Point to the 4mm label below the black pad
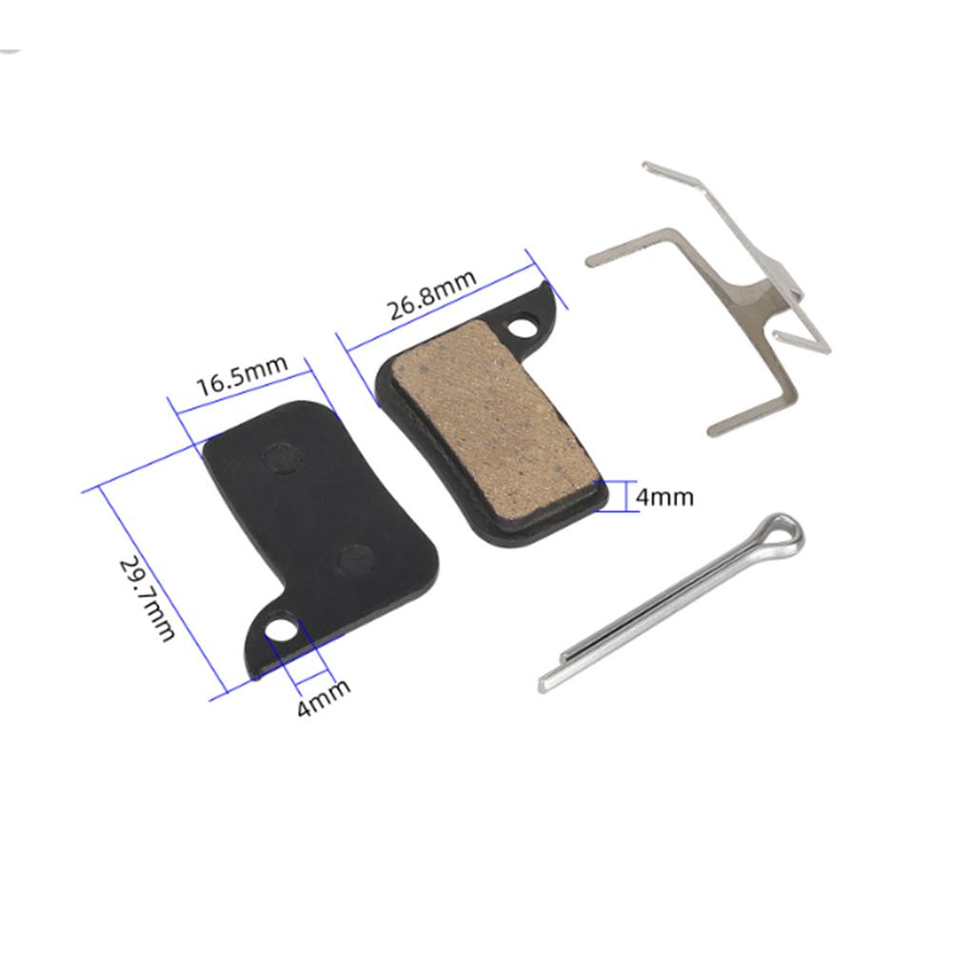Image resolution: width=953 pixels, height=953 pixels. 323,698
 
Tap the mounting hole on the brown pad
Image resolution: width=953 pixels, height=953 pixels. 522,328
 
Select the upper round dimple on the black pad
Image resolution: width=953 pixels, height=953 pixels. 281,460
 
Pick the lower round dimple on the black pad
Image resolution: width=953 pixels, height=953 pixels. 355,560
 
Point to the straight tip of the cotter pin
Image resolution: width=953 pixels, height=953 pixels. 547,681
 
